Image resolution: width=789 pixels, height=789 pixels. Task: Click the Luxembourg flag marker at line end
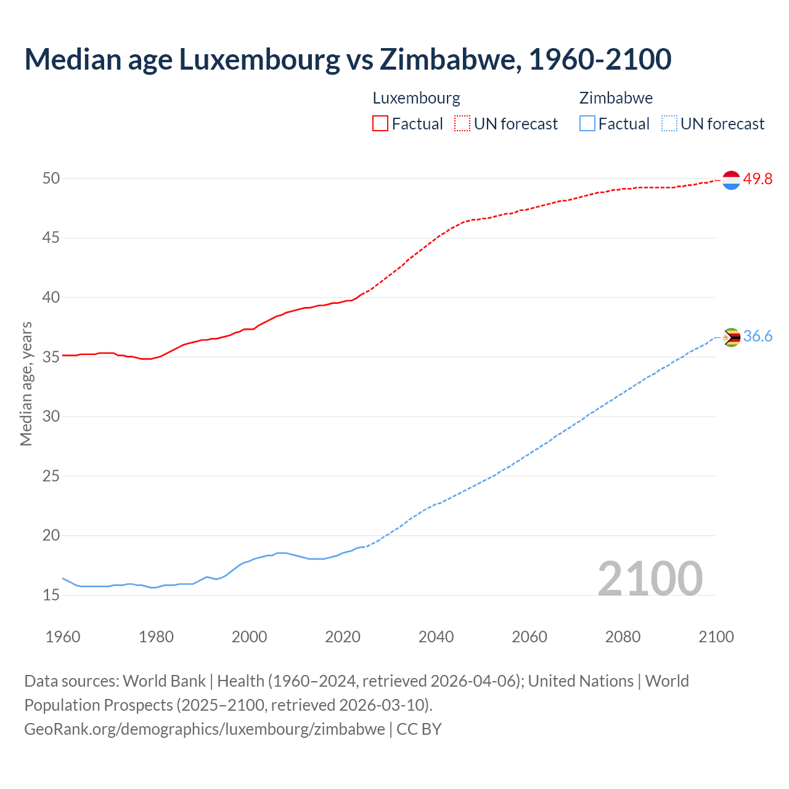[x=731, y=180]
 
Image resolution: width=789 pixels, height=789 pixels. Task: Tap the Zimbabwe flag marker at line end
[x=731, y=337]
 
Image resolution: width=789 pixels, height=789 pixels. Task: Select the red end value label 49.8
[x=758, y=179]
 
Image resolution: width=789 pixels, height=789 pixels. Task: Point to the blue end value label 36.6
[x=758, y=337]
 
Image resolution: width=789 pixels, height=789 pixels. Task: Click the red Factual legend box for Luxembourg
[x=380, y=124]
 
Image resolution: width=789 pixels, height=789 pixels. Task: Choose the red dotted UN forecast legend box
[x=462, y=124]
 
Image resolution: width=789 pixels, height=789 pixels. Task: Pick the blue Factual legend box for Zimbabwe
[x=587, y=124]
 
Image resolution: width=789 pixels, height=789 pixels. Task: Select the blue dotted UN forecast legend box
[x=669, y=124]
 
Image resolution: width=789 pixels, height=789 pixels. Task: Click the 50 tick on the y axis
[x=51, y=179]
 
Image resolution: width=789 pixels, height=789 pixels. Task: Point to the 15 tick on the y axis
[x=51, y=595]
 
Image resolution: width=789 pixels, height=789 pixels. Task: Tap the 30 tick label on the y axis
[x=51, y=417]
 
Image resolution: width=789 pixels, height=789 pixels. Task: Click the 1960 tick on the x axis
[x=63, y=637]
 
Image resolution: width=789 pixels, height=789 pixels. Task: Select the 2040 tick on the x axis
[x=436, y=637]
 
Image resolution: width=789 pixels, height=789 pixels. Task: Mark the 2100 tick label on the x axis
[x=716, y=637]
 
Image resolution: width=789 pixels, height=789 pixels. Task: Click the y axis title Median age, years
[x=26, y=383]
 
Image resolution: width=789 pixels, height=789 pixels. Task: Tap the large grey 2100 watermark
[x=650, y=579]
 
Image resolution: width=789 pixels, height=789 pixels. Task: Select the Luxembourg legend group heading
[x=416, y=98]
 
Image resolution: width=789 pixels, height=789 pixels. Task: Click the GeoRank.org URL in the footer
[x=204, y=729]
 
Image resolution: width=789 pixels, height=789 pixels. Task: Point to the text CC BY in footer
[x=419, y=729]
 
